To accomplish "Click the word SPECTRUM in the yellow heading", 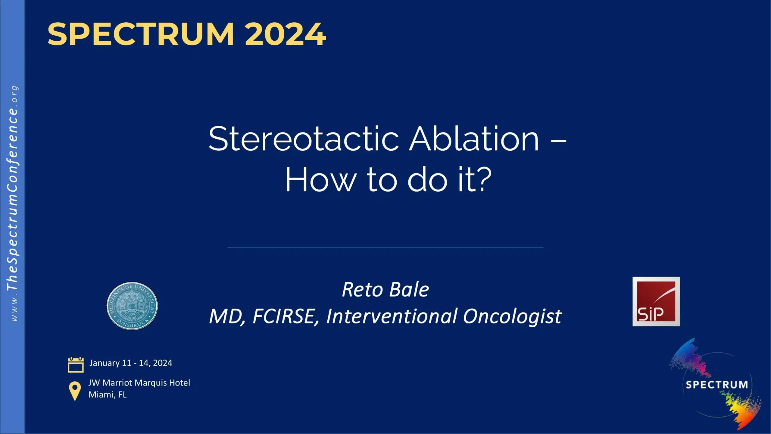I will (141, 34).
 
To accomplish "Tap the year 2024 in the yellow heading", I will (285, 34).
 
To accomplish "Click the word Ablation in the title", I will (474, 139).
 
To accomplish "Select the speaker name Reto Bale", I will (385, 290).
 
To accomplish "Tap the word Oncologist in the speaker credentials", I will (512, 316).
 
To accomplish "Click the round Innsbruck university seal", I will (132, 306).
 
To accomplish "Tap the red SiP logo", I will (656, 301).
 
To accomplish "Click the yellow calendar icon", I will (76, 365).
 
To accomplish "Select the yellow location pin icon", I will (75, 391).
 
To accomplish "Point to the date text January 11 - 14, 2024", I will (131, 363).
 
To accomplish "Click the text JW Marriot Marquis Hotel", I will (139, 383).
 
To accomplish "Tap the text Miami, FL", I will (108, 395).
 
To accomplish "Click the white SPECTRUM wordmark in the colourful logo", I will (716, 385).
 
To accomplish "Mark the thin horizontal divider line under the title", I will (385, 248).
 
